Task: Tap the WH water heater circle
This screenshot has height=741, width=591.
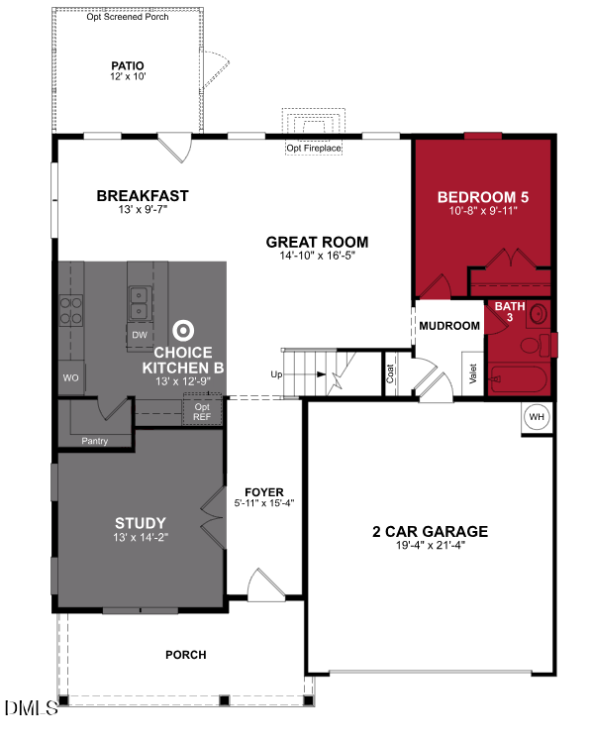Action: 537,417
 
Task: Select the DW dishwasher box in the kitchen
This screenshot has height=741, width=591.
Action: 140,335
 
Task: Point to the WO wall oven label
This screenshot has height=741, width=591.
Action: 70,377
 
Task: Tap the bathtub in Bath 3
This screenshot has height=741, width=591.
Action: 517,380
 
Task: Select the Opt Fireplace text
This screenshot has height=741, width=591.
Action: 314,149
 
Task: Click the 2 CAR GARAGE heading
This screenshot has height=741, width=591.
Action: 430,531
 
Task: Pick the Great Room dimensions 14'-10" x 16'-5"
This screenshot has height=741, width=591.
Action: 317,257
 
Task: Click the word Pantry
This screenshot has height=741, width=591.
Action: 95,441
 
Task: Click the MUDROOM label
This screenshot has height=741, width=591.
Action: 448,326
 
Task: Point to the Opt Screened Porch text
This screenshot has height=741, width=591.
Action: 129,17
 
